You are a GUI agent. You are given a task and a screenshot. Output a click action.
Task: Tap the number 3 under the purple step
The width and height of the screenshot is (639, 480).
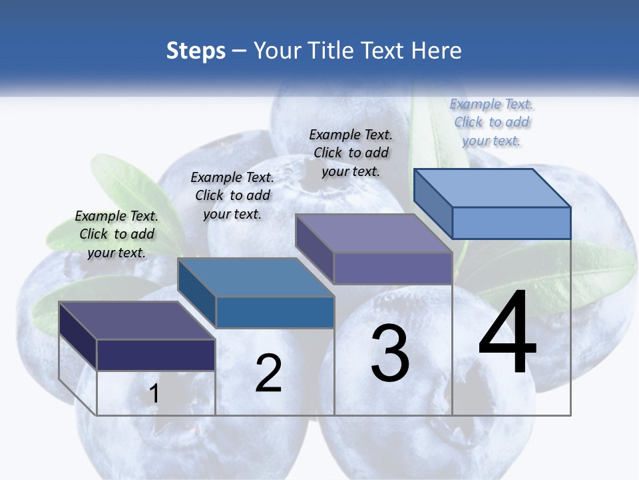(x=390, y=353)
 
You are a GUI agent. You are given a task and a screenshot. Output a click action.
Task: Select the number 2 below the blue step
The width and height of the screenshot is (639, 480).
(x=268, y=373)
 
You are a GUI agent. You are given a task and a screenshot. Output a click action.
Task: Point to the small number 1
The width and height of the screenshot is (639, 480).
(x=154, y=394)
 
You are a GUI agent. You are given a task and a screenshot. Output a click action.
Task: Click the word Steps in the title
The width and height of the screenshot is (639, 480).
(x=196, y=51)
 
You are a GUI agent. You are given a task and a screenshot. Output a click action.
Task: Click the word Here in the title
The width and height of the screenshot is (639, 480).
(x=437, y=51)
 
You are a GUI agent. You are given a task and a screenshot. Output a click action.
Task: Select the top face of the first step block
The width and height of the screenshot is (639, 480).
(x=136, y=320)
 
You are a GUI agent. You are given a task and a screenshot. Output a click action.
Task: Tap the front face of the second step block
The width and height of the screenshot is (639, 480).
(x=275, y=312)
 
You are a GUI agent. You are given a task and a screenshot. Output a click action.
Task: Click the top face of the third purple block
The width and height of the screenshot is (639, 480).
(x=373, y=233)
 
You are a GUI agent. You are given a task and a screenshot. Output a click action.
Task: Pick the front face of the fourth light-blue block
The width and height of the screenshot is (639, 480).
(x=511, y=223)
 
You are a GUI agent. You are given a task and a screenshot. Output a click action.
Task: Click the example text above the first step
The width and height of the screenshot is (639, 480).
(x=116, y=234)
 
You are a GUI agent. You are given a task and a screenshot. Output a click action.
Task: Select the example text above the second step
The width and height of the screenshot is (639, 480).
(x=232, y=195)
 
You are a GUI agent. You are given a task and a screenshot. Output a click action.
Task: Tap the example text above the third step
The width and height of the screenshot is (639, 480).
(x=351, y=153)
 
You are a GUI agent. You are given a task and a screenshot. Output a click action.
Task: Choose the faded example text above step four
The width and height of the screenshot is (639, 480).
(x=492, y=122)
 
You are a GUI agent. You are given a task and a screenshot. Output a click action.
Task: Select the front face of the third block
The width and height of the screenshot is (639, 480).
(x=393, y=269)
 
